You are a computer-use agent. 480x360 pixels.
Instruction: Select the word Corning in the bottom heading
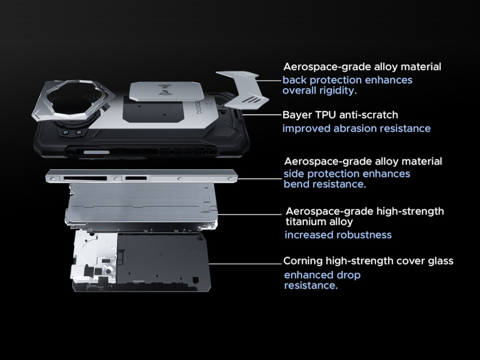pos(303,261)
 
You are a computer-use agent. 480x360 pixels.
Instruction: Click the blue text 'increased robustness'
pos(338,235)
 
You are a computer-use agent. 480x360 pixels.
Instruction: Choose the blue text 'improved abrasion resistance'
pos(356,128)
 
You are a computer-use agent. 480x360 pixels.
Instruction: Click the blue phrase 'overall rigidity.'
pos(319,90)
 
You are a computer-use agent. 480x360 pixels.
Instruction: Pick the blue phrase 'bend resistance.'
pos(325,184)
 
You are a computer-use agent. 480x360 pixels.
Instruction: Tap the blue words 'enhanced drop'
pos(322,275)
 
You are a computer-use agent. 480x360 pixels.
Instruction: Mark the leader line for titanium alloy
pos(249,214)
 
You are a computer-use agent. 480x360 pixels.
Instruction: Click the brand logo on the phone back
pos(199,106)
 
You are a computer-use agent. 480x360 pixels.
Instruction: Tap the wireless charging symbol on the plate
pos(168,91)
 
